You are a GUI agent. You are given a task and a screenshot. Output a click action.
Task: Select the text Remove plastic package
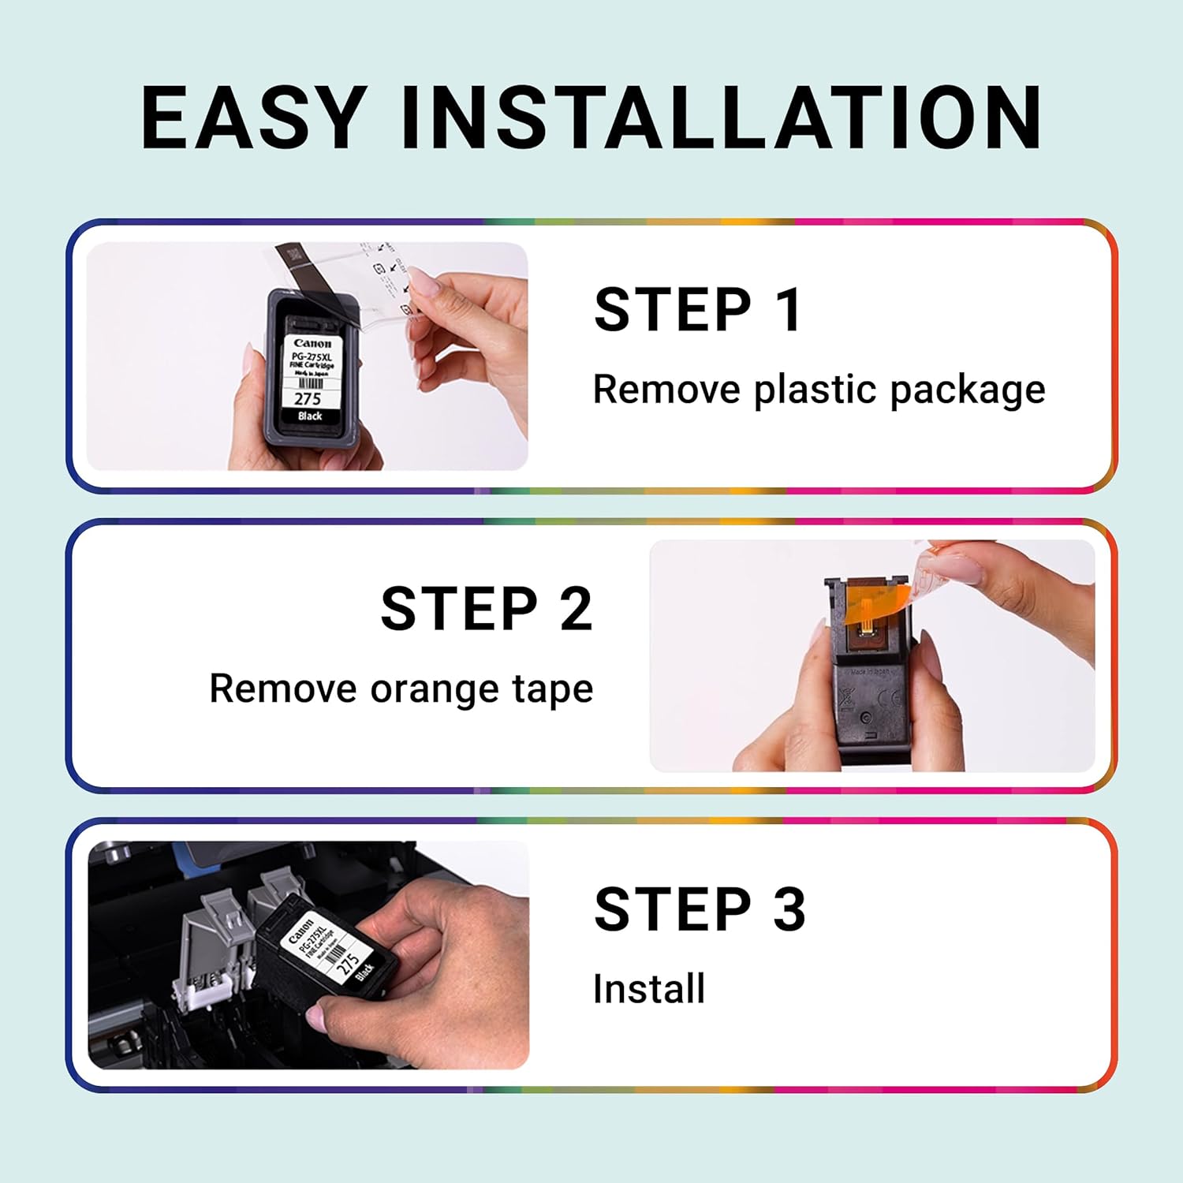point(818,390)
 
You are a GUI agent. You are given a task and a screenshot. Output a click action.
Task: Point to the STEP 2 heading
point(486,609)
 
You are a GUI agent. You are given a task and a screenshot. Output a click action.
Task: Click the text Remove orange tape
point(401,689)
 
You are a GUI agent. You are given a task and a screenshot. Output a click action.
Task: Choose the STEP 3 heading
point(700,909)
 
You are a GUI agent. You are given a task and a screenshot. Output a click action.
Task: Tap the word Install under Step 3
point(648,989)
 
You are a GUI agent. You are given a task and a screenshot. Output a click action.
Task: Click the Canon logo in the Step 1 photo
point(312,344)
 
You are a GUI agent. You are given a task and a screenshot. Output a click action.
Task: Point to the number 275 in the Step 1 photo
point(308,398)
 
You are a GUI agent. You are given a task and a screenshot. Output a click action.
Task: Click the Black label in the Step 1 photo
point(310,416)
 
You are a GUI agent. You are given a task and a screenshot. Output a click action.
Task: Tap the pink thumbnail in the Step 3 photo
point(317,1018)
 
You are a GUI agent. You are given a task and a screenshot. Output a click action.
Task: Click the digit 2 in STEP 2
point(576,609)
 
